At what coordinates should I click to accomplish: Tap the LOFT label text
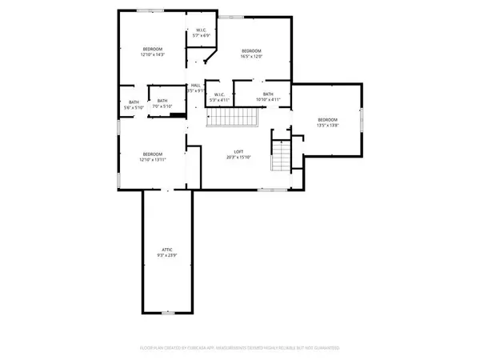(x=238, y=151)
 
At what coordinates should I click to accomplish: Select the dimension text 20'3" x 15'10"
(x=238, y=158)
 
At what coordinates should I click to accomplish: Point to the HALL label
(x=195, y=86)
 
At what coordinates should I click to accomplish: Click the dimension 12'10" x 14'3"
(x=153, y=55)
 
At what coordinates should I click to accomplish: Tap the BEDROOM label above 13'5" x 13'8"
(x=328, y=119)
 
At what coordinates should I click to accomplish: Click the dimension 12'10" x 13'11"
(x=153, y=160)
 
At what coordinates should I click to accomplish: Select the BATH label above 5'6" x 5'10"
(x=134, y=102)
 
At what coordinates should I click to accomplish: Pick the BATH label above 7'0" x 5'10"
(x=162, y=102)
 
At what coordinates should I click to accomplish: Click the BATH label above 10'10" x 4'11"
(x=268, y=94)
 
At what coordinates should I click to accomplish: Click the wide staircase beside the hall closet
(x=232, y=118)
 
